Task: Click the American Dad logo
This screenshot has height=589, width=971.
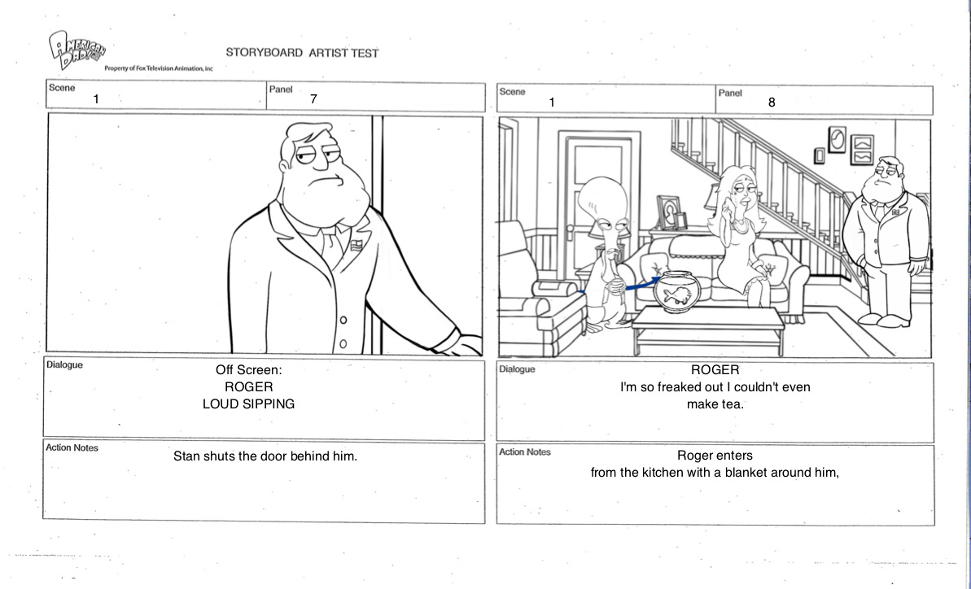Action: [x=77, y=49]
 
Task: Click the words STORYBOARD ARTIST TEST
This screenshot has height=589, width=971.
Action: [x=302, y=53]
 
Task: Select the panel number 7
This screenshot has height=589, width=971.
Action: [x=314, y=99]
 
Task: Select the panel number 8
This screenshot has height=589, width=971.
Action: [x=772, y=103]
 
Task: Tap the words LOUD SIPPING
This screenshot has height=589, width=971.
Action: [x=248, y=404]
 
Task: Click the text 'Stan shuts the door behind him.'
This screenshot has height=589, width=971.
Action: [x=265, y=456]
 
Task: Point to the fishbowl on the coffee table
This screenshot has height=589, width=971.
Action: [x=677, y=291]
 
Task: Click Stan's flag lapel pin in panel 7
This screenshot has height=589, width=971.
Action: [x=356, y=245]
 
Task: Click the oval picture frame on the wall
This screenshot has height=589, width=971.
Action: [x=838, y=139]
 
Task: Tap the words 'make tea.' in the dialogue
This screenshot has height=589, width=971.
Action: [x=715, y=404]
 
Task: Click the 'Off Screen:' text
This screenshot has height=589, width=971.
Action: [x=248, y=370]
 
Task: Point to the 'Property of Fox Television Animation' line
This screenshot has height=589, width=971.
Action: [x=159, y=68]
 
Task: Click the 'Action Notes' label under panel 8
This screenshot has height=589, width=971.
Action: [x=524, y=452]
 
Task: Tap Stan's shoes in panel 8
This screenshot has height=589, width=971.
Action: [x=884, y=320]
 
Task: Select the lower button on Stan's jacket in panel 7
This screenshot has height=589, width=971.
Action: [x=343, y=343]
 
